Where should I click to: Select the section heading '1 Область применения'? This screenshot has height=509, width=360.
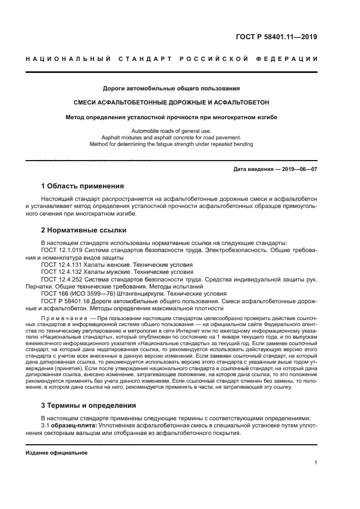83,186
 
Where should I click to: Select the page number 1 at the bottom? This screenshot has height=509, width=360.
316,463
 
